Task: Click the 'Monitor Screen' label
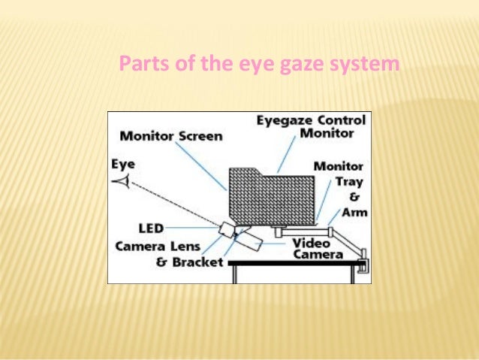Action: [171, 136]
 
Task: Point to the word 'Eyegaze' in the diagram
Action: [283, 120]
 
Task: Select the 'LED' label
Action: [151, 227]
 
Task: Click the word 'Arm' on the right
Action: [354, 213]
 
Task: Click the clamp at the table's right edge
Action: [365, 263]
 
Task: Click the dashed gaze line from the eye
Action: [173, 204]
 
